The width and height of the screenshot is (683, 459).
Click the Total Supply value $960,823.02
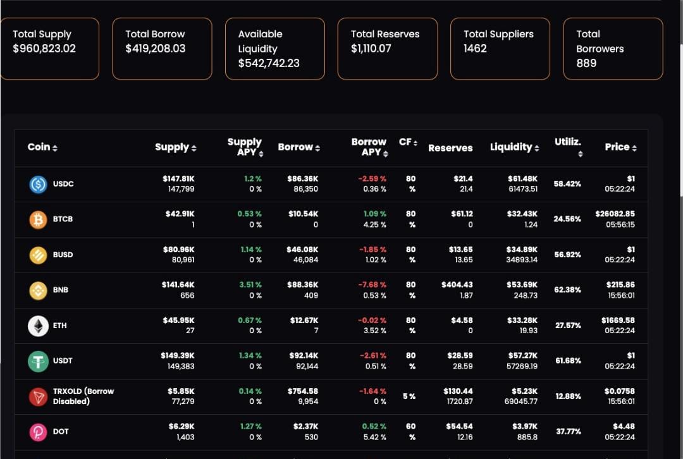point(44,48)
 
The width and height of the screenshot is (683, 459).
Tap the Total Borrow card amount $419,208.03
point(156,48)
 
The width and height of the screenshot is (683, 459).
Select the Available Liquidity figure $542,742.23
point(269,63)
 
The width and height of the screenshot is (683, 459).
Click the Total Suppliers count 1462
point(475,48)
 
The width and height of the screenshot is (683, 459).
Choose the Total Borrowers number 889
point(586,63)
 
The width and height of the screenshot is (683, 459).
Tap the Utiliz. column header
point(567,142)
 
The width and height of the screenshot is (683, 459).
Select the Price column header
point(620,147)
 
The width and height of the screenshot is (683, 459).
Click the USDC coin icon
point(39,184)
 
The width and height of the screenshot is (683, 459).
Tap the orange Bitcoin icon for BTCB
point(39,219)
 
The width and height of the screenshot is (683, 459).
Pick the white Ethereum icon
point(39,326)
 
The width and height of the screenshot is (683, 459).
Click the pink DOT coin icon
point(39,432)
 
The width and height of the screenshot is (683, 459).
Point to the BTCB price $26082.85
point(615,214)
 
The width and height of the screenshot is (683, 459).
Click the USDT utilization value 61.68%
point(567,360)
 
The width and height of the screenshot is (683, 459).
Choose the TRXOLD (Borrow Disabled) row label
point(83,396)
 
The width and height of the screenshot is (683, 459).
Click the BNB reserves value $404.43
point(457,285)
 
